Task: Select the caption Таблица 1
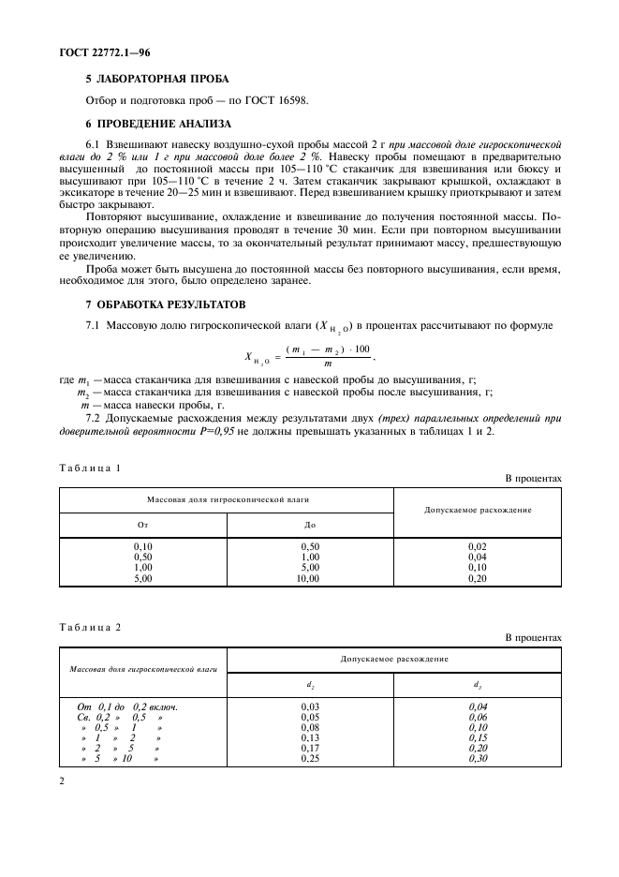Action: pos(91,467)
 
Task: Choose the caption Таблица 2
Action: pos(91,627)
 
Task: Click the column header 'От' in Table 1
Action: pos(143,526)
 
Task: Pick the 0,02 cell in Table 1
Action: pos(478,544)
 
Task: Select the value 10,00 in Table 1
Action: pos(308,579)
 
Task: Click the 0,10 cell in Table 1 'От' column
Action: pos(143,544)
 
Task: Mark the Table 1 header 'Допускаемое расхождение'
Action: pos(478,511)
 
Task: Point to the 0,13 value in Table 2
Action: pos(311,737)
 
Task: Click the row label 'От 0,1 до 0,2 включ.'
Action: pos(126,706)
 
